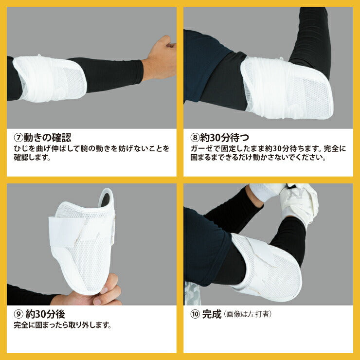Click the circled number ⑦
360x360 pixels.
18,138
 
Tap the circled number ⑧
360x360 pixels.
195,138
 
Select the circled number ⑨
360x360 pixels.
18,314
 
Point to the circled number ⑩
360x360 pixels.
195,314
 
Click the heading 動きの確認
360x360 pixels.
47,138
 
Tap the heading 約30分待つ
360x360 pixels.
225,138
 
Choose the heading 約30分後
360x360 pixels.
45,314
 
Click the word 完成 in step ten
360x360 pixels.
212,314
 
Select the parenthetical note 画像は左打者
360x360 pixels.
248,314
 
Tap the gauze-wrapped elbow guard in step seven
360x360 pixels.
49,79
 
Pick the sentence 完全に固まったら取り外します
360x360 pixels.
62,325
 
